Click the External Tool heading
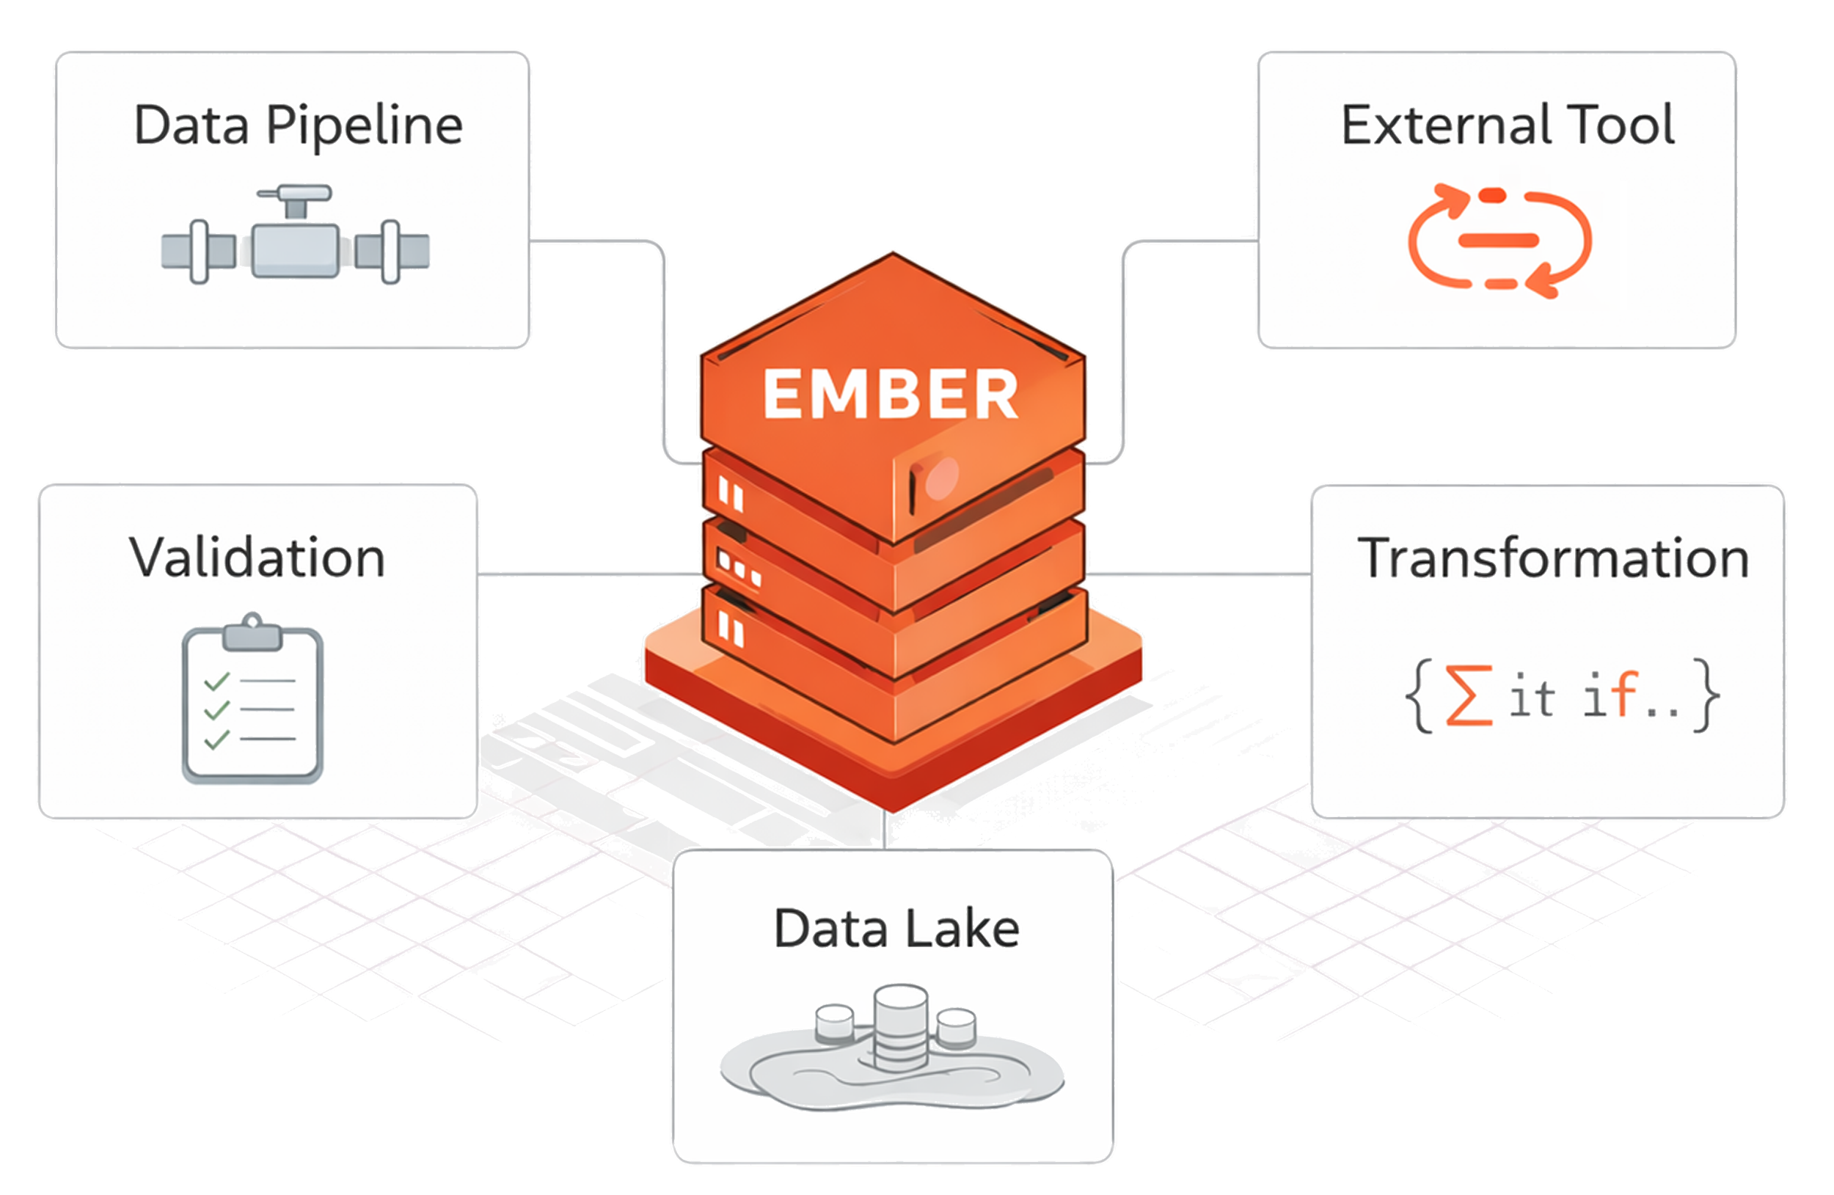(x=1507, y=125)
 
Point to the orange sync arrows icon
(x=1499, y=241)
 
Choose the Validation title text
(x=257, y=558)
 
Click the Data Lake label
(x=896, y=929)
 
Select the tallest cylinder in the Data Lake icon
(x=900, y=1026)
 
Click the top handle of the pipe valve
(x=295, y=193)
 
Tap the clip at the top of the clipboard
(x=252, y=634)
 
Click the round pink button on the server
(x=941, y=477)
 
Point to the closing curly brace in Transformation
(x=1706, y=695)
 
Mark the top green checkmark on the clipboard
(x=216, y=681)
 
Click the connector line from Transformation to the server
(x=1198, y=574)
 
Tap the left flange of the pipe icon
(x=199, y=252)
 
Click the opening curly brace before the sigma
(x=1420, y=695)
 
